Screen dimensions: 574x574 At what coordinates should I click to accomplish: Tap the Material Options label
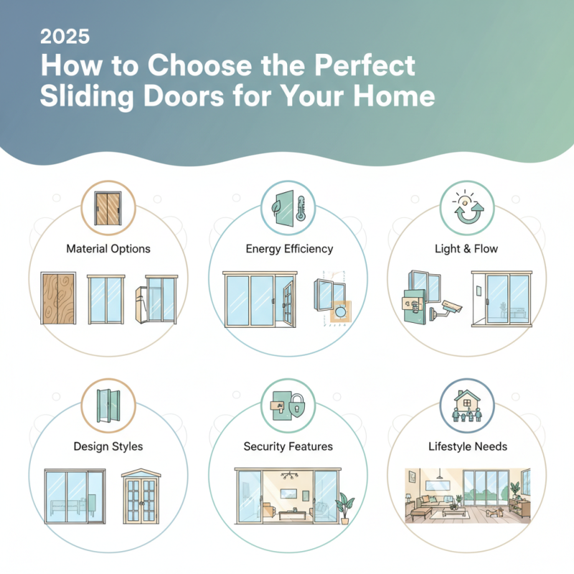tap(108, 249)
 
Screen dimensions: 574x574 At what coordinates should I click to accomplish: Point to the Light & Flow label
tap(466, 249)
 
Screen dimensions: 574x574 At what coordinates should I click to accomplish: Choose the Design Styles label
tap(108, 446)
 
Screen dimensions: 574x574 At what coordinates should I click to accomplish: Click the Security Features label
tap(288, 446)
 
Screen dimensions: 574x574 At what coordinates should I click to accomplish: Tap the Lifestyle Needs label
tap(466, 446)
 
